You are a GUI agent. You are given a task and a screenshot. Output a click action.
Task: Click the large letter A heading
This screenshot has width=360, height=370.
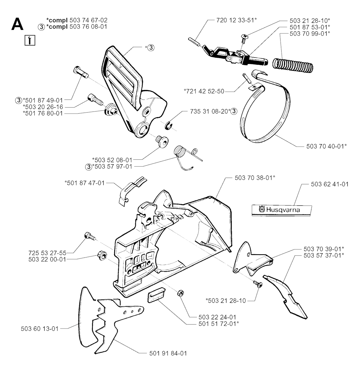(18, 24)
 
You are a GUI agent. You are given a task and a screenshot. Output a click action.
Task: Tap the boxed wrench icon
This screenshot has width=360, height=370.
(30, 40)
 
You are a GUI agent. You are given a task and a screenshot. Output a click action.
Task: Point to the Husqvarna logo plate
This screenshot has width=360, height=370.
(282, 210)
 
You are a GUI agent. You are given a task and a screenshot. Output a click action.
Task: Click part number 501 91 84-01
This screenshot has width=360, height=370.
(168, 353)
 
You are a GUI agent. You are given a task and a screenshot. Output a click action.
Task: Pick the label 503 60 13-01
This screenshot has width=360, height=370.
(40, 329)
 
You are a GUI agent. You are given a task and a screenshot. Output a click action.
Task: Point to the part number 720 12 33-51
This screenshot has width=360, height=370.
(236, 20)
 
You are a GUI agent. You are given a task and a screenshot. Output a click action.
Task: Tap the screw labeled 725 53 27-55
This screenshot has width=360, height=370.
(89, 236)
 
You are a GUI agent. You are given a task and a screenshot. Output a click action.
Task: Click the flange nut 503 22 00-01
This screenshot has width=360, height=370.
(102, 255)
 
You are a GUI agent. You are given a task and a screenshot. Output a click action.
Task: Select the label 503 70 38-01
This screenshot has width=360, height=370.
(255, 178)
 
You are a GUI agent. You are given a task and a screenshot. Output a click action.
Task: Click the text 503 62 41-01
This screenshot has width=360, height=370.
(330, 184)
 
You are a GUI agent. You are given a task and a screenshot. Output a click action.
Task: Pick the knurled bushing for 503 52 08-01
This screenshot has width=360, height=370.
(162, 141)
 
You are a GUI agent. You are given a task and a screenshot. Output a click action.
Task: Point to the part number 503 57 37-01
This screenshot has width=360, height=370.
(324, 255)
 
